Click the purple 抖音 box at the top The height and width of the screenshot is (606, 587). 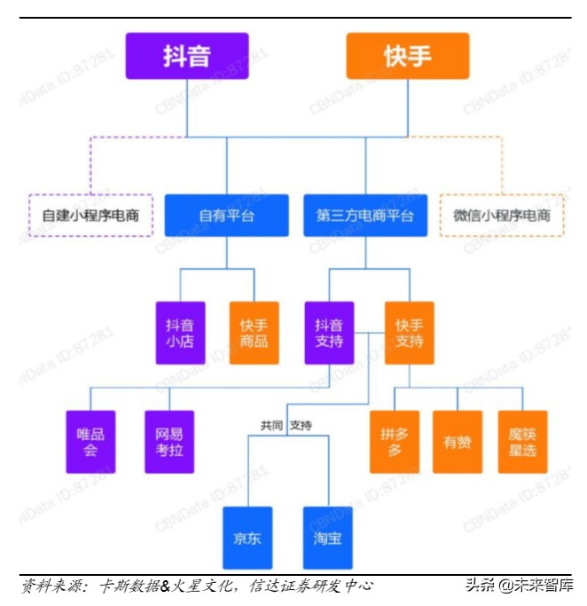point(187,56)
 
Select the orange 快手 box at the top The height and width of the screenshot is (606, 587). point(407,56)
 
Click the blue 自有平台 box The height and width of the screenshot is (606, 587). point(226,216)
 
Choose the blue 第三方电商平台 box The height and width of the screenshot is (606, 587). point(365,216)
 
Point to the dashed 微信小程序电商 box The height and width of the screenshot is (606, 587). point(502,216)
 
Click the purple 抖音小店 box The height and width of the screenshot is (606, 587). point(180,333)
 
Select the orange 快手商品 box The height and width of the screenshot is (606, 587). point(254,333)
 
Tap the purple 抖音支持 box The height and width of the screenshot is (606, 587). point(329,333)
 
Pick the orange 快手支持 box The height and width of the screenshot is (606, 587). point(409,333)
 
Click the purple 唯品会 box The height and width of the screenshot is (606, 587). point(90,442)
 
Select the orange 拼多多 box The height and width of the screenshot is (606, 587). point(394,442)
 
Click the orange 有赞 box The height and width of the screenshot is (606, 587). point(458,442)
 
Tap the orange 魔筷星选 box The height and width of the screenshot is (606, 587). point(522,442)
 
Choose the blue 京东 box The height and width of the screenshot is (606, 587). point(247,538)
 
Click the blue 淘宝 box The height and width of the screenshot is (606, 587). point(327,538)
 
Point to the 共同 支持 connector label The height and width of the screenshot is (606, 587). point(286,426)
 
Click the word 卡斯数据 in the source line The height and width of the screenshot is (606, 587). point(129,586)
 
